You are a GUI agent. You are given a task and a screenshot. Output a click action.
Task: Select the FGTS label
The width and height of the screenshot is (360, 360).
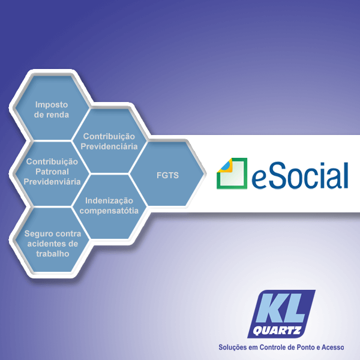point(163,176)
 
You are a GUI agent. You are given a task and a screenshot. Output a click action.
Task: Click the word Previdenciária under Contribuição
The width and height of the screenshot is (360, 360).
point(110,146)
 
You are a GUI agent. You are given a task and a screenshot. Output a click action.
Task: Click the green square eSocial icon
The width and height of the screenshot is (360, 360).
point(232,173)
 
